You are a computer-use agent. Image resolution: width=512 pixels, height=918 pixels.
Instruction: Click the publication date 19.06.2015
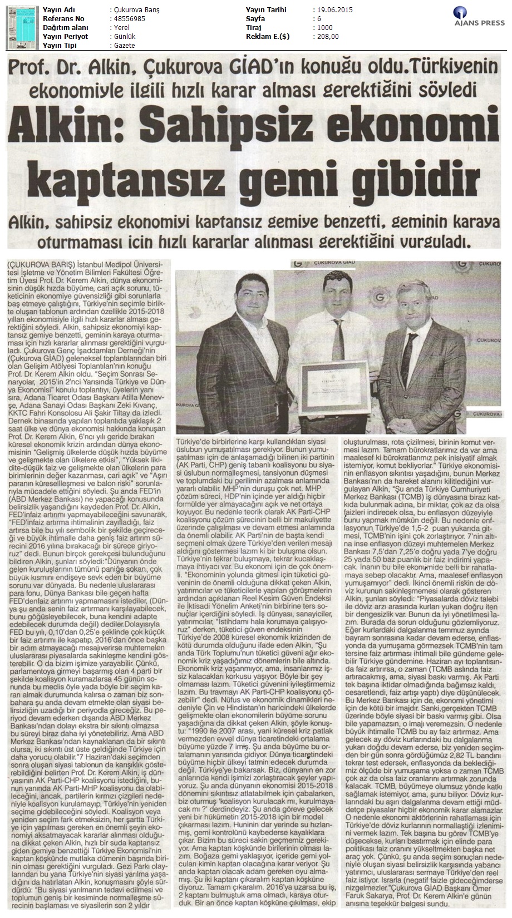[333, 10]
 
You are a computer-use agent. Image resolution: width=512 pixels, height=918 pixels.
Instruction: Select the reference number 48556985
[113, 19]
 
